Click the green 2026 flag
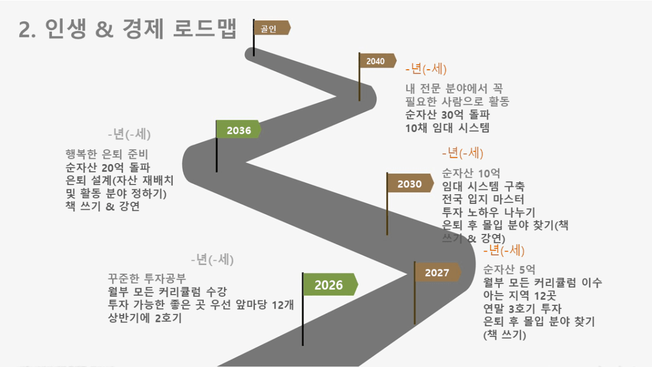(330, 284)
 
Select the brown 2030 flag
(410, 183)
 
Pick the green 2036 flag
(239, 129)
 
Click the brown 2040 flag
(378, 61)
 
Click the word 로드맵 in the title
(205, 28)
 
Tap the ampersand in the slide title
(104, 29)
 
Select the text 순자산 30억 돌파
(447, 115)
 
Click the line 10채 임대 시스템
(447, 128)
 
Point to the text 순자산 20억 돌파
(108, 167)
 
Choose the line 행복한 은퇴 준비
(107, 155)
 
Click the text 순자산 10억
(471, 173)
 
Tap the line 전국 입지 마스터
(483, 199)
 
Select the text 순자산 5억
(509, 269)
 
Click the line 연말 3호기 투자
(522, 309)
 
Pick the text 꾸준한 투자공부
(147, 278)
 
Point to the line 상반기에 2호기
(145, 318)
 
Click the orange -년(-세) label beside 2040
(426, 69)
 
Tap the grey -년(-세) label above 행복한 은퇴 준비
(129, 134)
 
